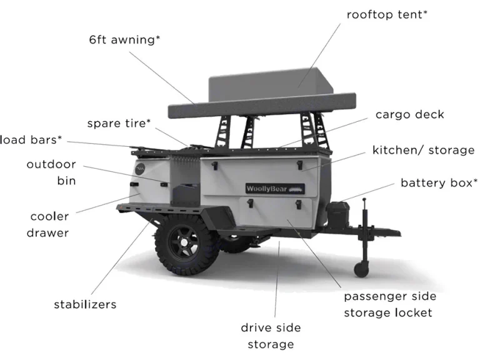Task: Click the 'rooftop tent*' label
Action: (387, 14)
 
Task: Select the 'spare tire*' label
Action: (119, 123)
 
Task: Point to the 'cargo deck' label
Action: (410, 115)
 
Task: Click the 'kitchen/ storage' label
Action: (423, 150)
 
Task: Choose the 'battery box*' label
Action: (439, 183)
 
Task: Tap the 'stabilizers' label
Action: (85, 305)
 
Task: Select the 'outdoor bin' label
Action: (51, 172)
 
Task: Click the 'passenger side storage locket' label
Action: (389, 304)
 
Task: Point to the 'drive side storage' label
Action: (271, 336)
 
